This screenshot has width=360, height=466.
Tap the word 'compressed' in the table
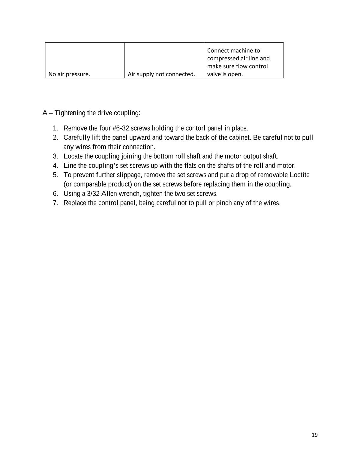tap(222, 58)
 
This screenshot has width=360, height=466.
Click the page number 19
tap(314, 435)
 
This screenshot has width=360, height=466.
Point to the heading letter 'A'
tap(45, 113)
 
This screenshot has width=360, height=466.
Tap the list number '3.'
tap(55, 156)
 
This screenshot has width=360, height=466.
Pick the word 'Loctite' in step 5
tap(299, 175)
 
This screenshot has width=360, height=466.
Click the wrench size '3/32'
tap(93, 193)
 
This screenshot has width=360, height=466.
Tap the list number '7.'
tap(55, 203)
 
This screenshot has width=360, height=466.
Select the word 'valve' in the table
tap(214, 74)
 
